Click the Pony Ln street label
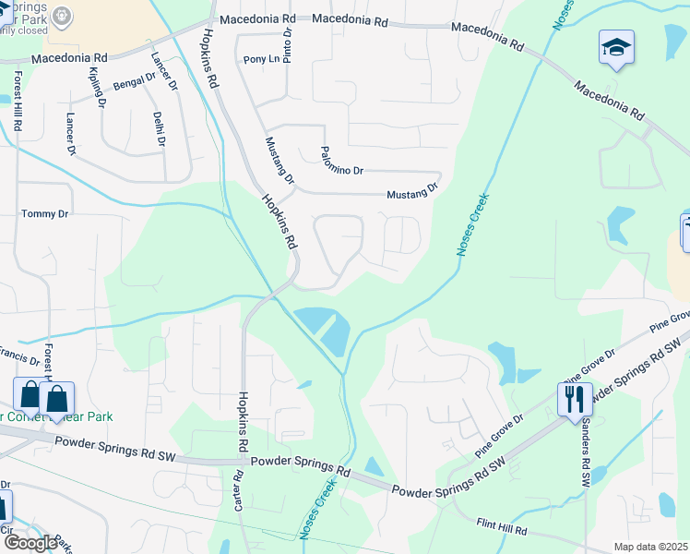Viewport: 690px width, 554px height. pos(261,60)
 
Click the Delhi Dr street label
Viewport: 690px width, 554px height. pos(160,129)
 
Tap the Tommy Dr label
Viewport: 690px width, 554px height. pos(44,214)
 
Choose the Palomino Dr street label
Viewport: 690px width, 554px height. pos(342,163)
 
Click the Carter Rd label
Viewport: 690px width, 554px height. pos(238,488)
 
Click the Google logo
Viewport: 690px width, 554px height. pos(30,543)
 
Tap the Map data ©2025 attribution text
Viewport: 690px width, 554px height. pos(651,547)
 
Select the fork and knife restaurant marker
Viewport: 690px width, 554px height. pos(574,399)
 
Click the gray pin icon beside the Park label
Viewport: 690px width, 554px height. pos(62,15)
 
